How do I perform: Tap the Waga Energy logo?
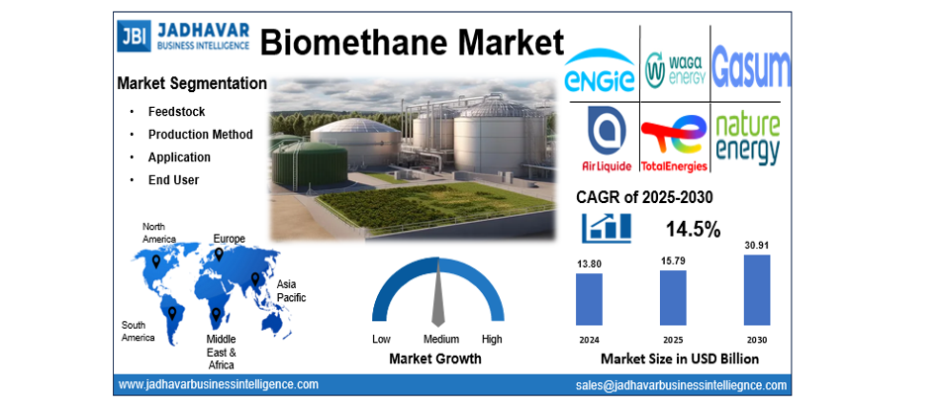click(674, 68)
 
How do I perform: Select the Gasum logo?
click(751, 67)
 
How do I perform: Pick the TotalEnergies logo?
click(674, 142)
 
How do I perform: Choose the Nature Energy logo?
click(748, 139)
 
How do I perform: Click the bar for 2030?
click(757, 289)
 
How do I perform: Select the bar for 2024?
click(589, 299)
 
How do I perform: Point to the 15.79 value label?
click(673, 260)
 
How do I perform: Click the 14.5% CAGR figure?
click(693, 229)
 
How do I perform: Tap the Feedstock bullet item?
click(176, 112)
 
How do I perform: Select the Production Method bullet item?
click(200, 135)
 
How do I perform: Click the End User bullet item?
click(173, 180)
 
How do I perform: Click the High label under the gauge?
click(492, 339)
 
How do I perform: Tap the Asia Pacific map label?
click(291, 291)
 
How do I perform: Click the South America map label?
click(138, 332)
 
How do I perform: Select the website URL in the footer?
click(218, 384)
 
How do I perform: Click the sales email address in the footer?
click(681, 385)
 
